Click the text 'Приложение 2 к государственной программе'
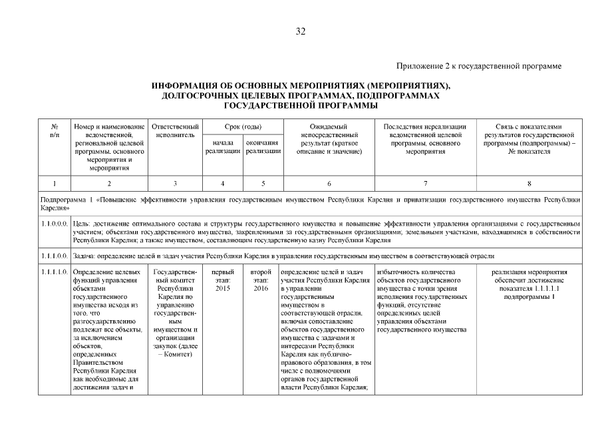pyautogui.click(x=479, y=66)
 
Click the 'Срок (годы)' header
pyautogui.click(x=242, y=126)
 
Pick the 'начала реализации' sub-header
pyautogui.click(x=223, y=147)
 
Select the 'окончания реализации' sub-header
pyautogui.click(x=263, y=147)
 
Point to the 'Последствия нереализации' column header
pyautogui.click(x=425, y=126)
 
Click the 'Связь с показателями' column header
pyautogui.click(x=529, y=126)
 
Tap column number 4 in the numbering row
pyautogui.click(x=223, y=183)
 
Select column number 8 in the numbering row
pyautogui.click(x=529, y=183)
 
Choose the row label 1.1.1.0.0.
pyautogui.click(x=54, y=255)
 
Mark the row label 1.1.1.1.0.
pyautogui.click(x=54, y=272)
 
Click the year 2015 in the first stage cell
pyautogui.click(x=223, y=289)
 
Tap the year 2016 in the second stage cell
pyautogui.click(x=261, y=289)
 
